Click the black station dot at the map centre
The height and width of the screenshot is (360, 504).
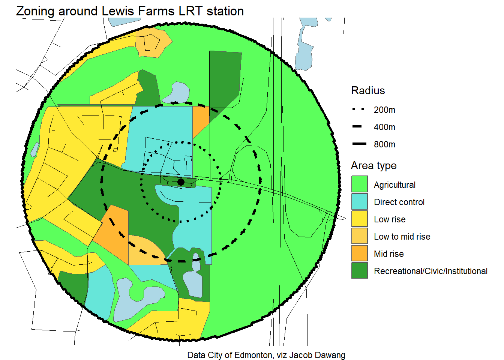click(x=181, y=182)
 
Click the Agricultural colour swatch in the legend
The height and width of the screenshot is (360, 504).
click(x=359, y=184)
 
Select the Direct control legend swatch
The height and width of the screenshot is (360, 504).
click(x=359, y=201)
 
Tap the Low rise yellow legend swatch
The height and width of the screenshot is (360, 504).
click(x=359, y=219)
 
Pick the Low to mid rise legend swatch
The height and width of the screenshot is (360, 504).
click(x=359, y=236)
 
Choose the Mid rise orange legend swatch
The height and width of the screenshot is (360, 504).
click(x=359, y=253)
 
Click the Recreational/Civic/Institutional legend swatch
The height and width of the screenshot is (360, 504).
click(x=359, y=270)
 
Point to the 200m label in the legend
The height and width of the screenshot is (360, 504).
click(x=384, y=110)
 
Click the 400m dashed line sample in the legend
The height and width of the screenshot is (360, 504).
click(x=357, y=127)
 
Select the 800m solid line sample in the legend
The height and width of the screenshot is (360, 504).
click(x=359, y=144)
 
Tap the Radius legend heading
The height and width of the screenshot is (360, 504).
click(x=368, y=91)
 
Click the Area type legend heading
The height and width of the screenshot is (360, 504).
click(x=373, y=166)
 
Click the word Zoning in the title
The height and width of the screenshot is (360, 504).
click(x=36, y=11)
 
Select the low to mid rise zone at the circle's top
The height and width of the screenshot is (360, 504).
click(x=152, y=43)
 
